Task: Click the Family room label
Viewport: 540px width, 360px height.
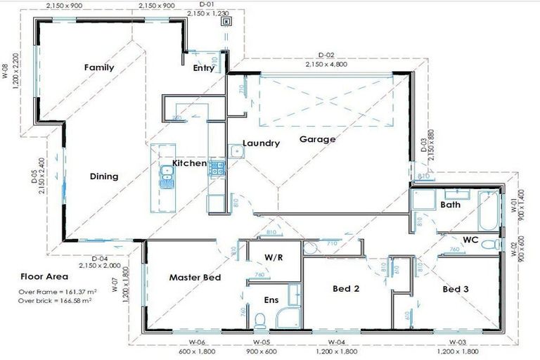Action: pos(99,67)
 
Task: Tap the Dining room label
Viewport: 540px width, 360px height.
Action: pos(103,176)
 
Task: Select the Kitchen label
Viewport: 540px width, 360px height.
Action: pos(190,163)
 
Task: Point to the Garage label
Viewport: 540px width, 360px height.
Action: pos(317,139)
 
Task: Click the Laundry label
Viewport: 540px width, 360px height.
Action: pos(261,143)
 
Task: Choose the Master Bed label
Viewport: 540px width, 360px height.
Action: pos(195,278)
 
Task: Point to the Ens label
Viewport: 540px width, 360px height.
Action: pos(271,300)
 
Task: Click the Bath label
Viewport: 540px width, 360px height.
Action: pos(450,205)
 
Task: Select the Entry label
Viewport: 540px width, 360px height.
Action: pos(204,68)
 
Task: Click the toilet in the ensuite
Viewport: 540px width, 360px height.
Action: pos(259,321)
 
